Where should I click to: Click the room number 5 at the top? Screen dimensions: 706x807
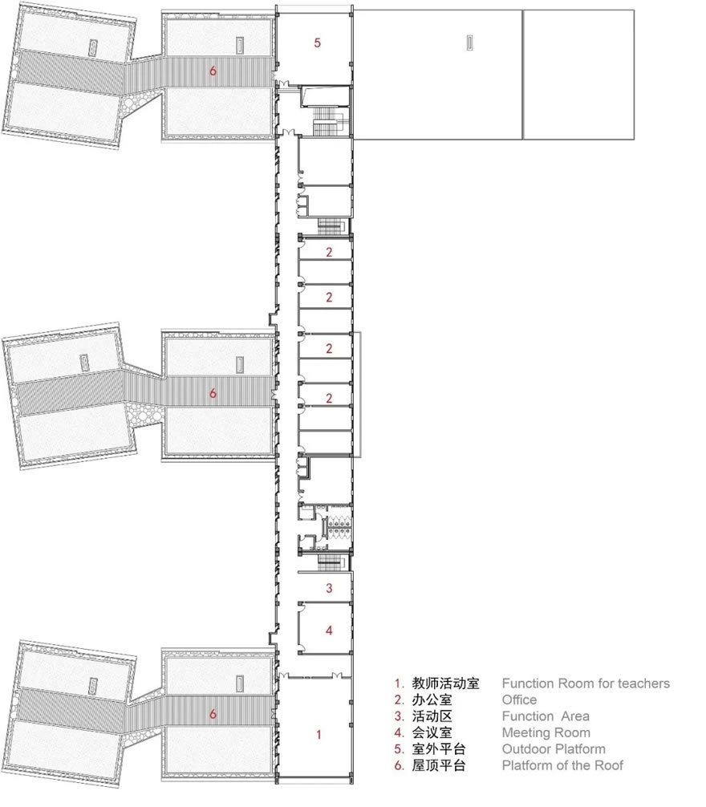(x=318, y=43)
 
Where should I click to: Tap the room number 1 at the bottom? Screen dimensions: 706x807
(x=319, y=735)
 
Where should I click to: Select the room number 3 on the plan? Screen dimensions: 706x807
(x=329, y=588)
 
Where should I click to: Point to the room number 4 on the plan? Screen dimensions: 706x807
(x=329, y=630)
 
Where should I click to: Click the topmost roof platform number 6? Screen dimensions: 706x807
(x=213, y=71)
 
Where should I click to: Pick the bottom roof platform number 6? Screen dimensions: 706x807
(x=213, y=714)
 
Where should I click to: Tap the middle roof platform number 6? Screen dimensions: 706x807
(x=213, y=394)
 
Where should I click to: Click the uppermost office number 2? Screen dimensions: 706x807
(x=329, y=252)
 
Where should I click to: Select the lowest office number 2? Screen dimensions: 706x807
(x=329, y=398)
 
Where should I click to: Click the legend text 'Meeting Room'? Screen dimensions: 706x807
(x=546, y=732)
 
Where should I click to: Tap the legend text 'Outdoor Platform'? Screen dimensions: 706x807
(x=554, y=749)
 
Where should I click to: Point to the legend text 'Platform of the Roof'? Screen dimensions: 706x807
(x=562, y=765)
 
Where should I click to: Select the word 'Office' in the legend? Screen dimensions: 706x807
(x=519, y=700)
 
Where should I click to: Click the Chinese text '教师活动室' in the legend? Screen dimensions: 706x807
(x=445, y=683)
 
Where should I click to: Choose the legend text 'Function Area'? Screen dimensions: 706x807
(x=546, y=716)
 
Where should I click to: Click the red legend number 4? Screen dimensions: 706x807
(x=399, y=732)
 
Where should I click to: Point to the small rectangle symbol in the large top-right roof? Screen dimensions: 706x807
(x=470, y=43)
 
